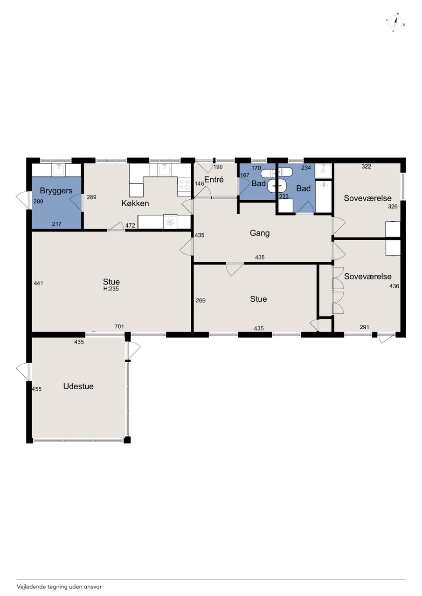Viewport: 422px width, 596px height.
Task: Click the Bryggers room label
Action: click(x=56, y=191)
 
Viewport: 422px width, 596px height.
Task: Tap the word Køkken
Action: click(x=135, y=203)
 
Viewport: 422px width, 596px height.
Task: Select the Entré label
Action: click(x=214, y=180)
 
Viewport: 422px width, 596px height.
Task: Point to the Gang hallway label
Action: click(x=260, y=233)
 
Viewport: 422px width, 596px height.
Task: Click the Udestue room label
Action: click(x=78, y=386)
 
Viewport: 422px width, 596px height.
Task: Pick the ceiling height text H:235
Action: click(x=111, y=289)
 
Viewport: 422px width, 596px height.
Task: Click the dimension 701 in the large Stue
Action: click(x=119, y=326)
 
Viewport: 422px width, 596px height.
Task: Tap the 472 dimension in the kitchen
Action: click(x=130, y=226)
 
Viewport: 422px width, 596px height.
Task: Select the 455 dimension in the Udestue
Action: click(x=36, y=389)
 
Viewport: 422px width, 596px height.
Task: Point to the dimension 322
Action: click(x=367, y=167)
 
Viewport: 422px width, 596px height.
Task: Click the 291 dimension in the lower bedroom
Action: click(x=364, y=327)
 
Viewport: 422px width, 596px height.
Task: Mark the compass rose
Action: click(x=395, y=22)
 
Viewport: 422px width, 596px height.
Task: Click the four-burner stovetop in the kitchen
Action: click(x=184, y=184)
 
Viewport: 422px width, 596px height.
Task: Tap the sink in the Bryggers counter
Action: click(x=59, y=169)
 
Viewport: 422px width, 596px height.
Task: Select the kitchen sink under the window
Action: click(x=164, y=169)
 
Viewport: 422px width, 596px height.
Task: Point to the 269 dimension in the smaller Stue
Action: click(x=201, y=301)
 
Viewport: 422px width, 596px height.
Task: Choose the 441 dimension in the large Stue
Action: click(x=39, y=284)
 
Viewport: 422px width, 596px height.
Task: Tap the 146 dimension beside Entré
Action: click(x=199, y=184)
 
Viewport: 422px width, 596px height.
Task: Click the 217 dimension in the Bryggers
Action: click(x=57, y=224)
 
